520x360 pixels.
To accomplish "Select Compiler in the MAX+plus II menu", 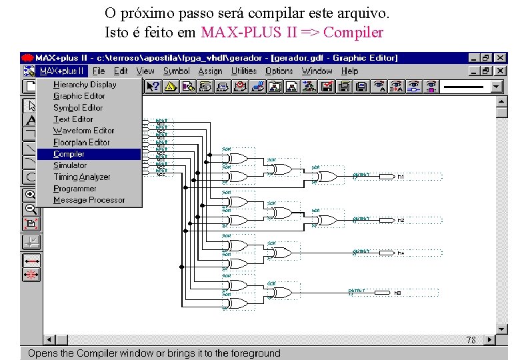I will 69,154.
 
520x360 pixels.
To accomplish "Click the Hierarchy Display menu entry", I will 85,85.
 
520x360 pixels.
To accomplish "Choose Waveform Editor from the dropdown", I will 84,131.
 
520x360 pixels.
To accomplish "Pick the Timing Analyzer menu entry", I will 82,177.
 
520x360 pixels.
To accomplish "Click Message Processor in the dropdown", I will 89,200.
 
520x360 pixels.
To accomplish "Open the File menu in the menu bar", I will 99,71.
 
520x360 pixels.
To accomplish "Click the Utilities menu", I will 244,71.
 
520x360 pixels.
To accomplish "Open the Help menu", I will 349,71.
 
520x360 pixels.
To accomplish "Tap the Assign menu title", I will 210,71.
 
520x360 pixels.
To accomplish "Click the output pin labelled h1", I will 401,177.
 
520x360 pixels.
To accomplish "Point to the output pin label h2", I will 401,219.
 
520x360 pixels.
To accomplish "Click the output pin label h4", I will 401,253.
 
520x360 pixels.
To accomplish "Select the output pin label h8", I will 397,293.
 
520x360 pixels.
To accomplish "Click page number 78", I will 471,340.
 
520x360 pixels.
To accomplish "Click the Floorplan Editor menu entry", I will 81,142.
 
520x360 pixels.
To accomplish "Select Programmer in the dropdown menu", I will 75,189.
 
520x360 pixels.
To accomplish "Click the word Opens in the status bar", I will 41,353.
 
